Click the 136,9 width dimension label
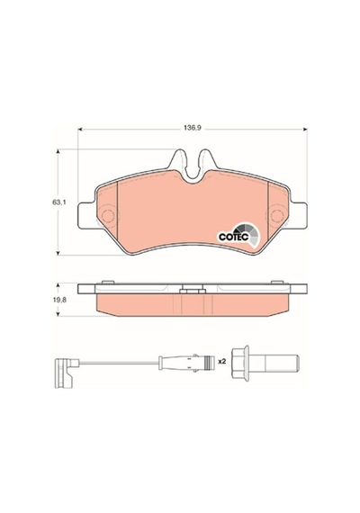point(192,129)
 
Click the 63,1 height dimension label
point(58,202)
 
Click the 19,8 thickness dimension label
point(60,300)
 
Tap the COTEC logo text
point(233,237)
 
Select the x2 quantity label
point(222,362)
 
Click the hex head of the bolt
point(240,364)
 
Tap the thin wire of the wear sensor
point(119,363)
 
